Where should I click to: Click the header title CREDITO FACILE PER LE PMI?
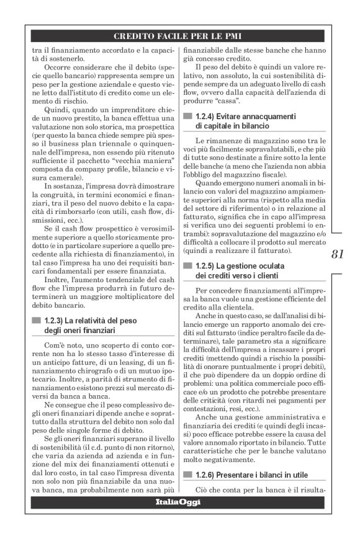[x=179, y=36]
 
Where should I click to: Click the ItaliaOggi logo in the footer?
[x=178, y=501]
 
